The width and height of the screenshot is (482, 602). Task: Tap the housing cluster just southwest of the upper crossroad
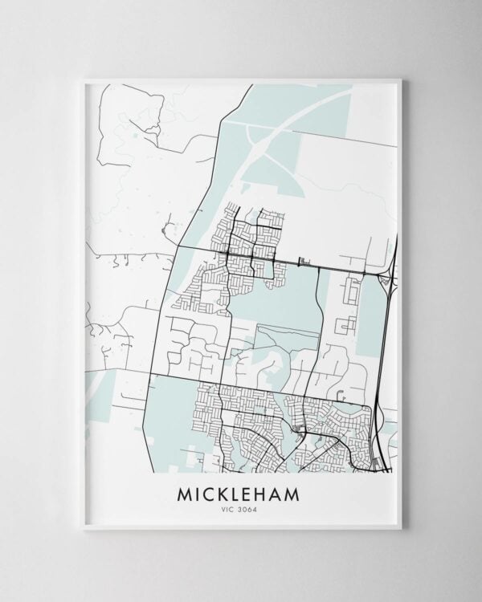pos(201,285)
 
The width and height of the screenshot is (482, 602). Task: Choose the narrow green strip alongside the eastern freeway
pos(371,321)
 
